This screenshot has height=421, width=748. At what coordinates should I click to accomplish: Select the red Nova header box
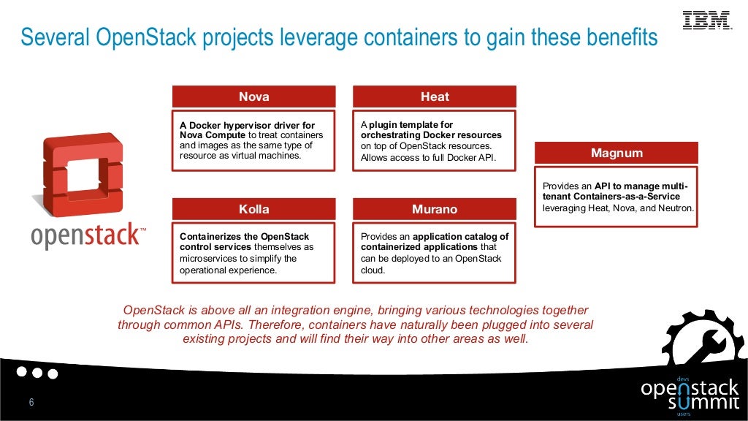[x=253, y=96]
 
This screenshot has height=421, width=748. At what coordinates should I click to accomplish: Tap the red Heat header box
[x=435, y=96]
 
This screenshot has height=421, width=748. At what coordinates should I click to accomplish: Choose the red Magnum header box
[x=617, y=153]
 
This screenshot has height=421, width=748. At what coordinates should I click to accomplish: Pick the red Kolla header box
[x=253, y=209]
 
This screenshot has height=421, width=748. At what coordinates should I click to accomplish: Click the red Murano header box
[x=435, y=209]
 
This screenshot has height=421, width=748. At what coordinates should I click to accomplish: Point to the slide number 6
[x=31, y=403]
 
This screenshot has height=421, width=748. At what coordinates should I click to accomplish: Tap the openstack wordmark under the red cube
[x=86, y=235]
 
